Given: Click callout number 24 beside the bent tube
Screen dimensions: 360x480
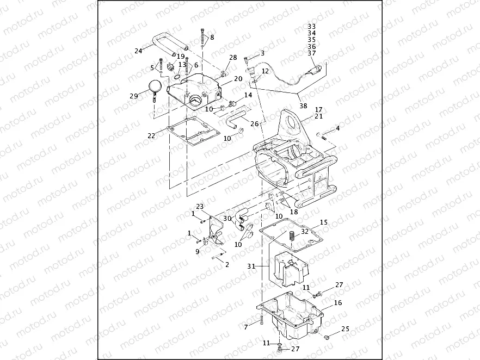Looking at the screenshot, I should coord(138,52).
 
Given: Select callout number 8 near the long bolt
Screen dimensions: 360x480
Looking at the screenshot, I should coord(212,38).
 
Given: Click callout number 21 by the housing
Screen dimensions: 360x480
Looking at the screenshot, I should coord(319,116).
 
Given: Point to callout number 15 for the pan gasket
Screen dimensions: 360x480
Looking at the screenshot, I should coord(323,222).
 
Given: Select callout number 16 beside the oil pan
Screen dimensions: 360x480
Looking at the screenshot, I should coord(338,303).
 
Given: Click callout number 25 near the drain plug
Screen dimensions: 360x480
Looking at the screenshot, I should coord(345,329).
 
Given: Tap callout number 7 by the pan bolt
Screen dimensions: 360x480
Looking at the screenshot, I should coord(245,326).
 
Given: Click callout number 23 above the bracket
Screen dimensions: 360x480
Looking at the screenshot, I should coord(200,207).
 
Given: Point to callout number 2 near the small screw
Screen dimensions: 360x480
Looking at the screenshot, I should coord(227,265).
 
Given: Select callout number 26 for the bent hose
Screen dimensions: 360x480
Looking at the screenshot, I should coord(254,124).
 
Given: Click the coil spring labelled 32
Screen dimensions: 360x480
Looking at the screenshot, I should coord(291,238).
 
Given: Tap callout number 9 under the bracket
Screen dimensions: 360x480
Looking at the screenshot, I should coord(198,251).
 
